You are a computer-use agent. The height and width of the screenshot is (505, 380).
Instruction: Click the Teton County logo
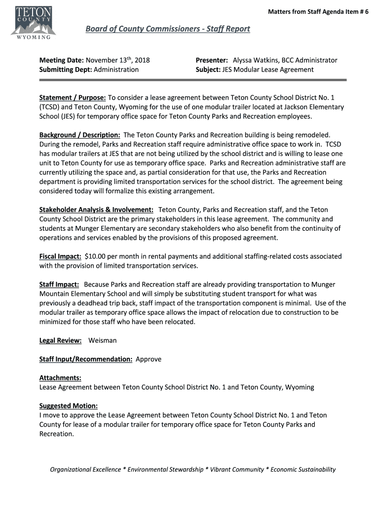(x=33, y=22)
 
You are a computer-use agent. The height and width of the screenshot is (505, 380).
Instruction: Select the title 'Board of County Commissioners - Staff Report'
(x=168, y=29)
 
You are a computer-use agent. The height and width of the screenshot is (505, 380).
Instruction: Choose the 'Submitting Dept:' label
(x=65, y=70)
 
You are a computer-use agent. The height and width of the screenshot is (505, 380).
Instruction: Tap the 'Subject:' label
(x=208, y=70)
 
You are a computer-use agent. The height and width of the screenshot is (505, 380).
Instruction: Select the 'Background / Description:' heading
(x=80, y=135)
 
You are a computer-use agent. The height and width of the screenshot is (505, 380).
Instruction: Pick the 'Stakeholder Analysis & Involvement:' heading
(x=96, y=210)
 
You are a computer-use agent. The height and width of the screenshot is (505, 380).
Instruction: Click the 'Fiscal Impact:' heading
(x=60, y=256)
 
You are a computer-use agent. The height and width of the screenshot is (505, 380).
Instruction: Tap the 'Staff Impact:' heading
(x=59, y=285)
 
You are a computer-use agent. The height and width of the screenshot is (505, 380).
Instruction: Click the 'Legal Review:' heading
(x=60, y=340)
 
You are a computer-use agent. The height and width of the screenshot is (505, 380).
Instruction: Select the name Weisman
(x=103, y=340)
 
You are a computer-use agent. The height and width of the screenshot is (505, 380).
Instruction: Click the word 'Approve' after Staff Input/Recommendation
(x=149, y=359)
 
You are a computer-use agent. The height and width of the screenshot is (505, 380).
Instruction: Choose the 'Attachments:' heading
(x=60, y=378)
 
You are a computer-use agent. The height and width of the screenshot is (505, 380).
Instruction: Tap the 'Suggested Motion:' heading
(x=69, y=406)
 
